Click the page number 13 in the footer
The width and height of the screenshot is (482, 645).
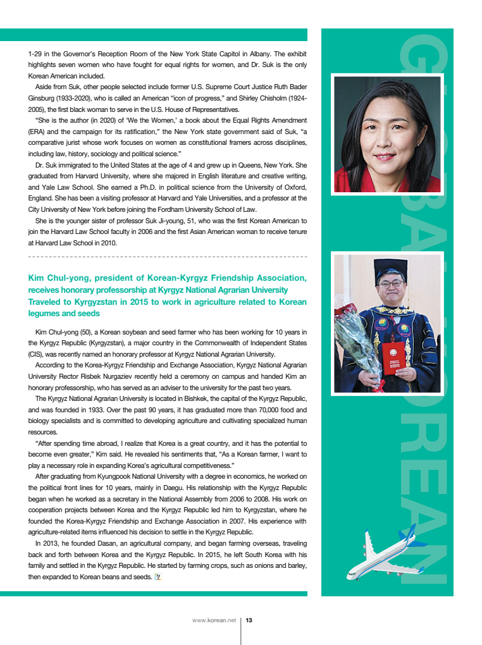249,620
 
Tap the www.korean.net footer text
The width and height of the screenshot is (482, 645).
214,620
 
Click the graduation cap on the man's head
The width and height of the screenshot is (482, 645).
390,268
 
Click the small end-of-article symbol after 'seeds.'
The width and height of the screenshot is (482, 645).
158,577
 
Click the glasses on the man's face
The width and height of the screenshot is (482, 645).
391,285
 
